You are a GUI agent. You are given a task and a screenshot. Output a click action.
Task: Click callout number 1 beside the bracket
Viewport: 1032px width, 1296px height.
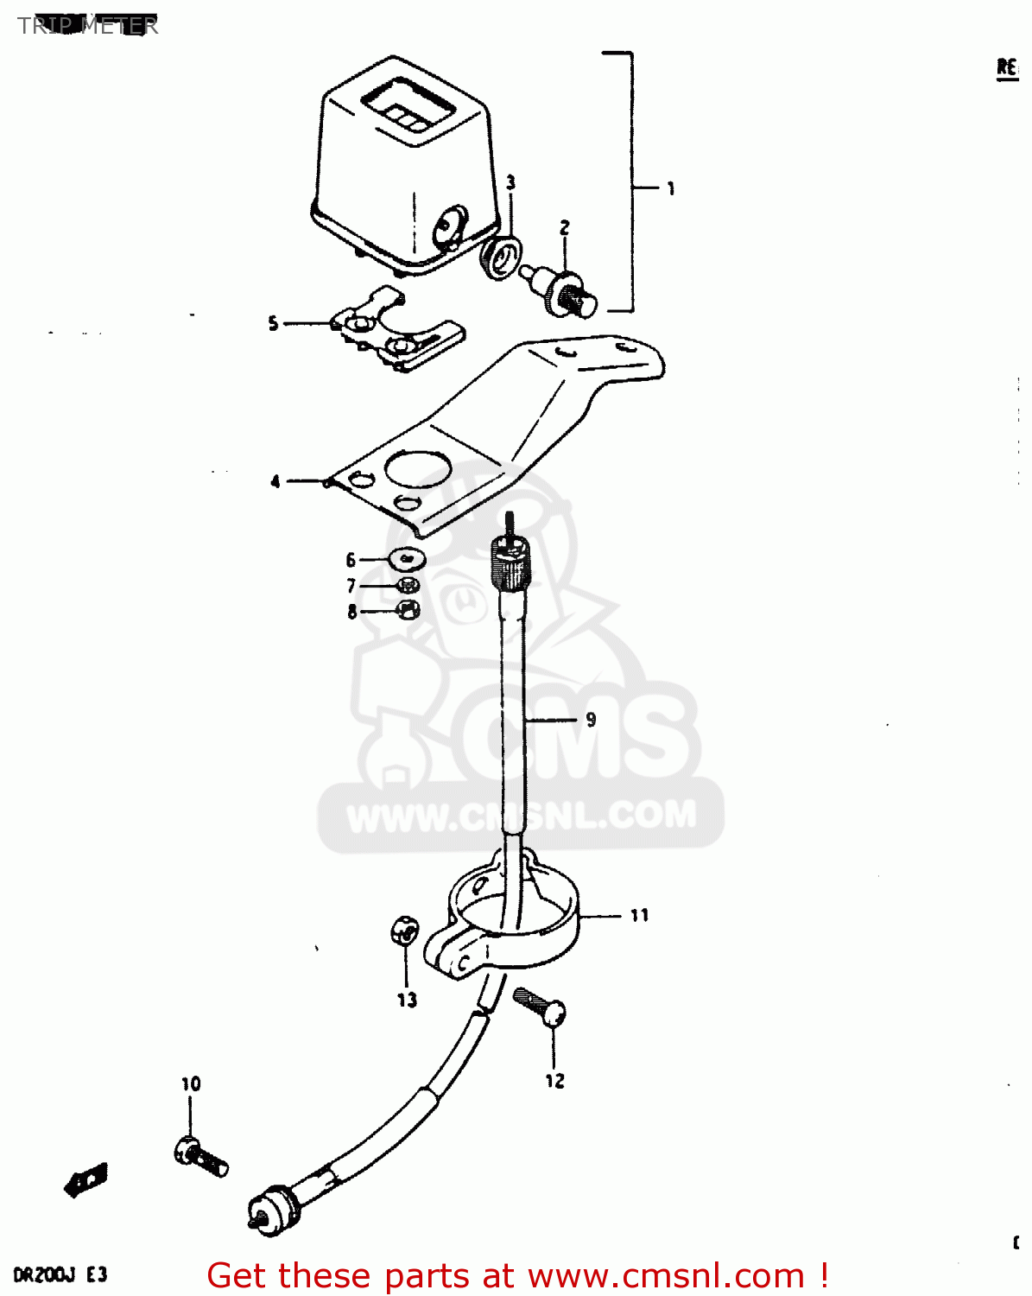671,188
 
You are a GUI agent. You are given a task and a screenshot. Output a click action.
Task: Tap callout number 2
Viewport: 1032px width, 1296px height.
564,228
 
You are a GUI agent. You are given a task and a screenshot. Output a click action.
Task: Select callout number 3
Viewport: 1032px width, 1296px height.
510,182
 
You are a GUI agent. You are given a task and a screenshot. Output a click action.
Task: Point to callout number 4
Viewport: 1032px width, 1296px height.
275,481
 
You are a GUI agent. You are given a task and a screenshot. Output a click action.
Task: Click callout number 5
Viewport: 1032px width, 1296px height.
273,324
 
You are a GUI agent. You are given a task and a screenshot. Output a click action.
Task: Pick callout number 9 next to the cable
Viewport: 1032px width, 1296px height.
591,720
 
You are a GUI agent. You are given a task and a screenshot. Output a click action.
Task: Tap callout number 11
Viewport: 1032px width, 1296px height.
639,916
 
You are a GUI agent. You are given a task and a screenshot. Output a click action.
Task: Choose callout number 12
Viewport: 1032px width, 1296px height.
554,1081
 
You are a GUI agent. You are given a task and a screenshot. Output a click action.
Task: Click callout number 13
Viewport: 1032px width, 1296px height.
407,1000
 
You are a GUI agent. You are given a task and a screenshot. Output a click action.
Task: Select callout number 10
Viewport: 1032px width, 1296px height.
191,1083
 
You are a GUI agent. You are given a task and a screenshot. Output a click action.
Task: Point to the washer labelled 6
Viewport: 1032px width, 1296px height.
408,558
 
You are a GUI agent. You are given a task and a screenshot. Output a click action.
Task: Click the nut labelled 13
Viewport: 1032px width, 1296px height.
403,931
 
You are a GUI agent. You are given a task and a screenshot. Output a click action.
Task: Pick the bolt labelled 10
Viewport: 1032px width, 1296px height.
201,1156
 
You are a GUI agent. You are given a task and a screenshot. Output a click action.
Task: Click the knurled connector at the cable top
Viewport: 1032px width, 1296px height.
512,561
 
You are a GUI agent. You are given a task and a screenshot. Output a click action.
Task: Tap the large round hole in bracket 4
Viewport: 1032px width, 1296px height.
419,469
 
